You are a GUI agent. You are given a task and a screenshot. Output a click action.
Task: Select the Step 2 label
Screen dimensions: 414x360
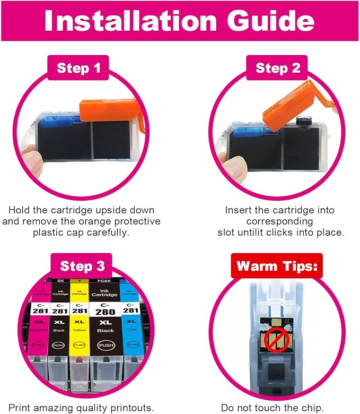click(x=278, y=68)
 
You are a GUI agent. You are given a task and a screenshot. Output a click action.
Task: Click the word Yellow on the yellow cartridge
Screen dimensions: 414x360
click(x=80, y=329)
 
